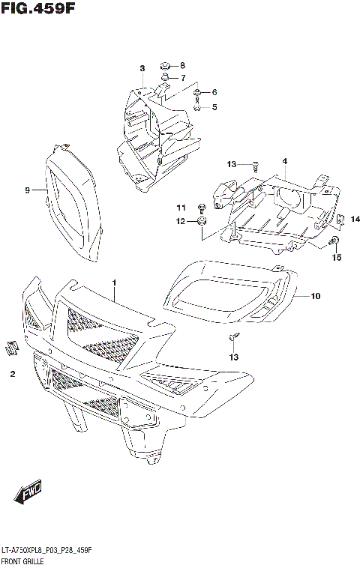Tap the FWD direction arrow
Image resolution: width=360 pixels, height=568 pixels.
pyautogui.click(x=28, y=494)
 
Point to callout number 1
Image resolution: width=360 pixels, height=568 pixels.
pyautogui.click(x=114, y=283)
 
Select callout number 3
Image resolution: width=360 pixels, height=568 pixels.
pyautogui.click(x=141, y=69)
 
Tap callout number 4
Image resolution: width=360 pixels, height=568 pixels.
pyautogui.click(x=285, y=161)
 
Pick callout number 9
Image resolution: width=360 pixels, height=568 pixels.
pyautogui.click(x=28, y=190)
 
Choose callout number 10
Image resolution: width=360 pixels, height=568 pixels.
pyautogui.click(x=315, y=296)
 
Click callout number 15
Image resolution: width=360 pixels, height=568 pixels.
pyautogui.click(x=337, y=258)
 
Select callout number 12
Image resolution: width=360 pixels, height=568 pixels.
pyautogui.click(x=180, y=221)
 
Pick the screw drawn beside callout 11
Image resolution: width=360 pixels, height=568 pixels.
pyautogui.click(x=201, y=207)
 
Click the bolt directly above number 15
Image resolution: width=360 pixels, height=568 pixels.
pyautogui.click(x=335, y=241)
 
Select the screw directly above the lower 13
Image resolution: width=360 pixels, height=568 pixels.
pyautogui.click(x=234, y=338)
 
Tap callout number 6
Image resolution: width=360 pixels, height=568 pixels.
pyautogui.click(x=214, y=92)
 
